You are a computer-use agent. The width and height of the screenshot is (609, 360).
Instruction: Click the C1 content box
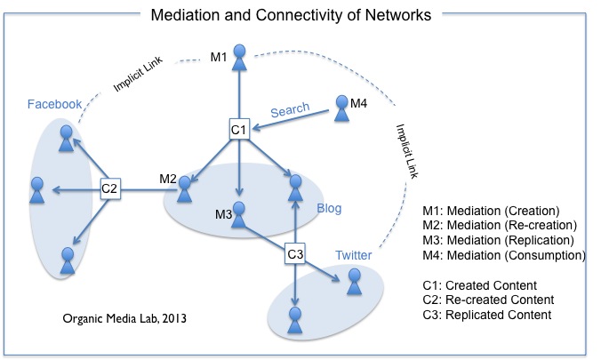pyautogui.click(x=237, y=130)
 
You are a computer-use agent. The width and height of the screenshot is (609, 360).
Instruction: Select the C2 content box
pyautogui.click(x=110, y=188)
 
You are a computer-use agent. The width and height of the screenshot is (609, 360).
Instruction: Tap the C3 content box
pyautogui.click(x=295, y=254)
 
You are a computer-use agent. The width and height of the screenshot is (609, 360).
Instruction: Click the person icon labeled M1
pyautogui.click(x=237, y=56)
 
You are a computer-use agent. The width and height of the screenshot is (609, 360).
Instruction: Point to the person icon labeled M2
pyautogui.click(x=186, y=188)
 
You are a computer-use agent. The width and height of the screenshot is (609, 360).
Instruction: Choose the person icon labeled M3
pyautogui.click(x=239, y=216)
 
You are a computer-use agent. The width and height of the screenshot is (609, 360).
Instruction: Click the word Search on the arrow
pyautogui.click(x=290, y=109)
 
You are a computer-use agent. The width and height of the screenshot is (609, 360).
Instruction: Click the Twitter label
pyautogui.click(x=353, y=256)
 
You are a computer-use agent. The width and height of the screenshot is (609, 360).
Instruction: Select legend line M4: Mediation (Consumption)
pyautogui.click(x=504, y=256)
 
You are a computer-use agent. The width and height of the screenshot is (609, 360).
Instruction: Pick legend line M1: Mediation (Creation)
pyautogui.click(x=492, y=211)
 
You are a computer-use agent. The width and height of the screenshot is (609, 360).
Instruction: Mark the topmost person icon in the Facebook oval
pyautogui.click(x=66, y=137)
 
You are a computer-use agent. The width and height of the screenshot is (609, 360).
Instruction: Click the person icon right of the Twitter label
pyautogui.click(x=354, y=282)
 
